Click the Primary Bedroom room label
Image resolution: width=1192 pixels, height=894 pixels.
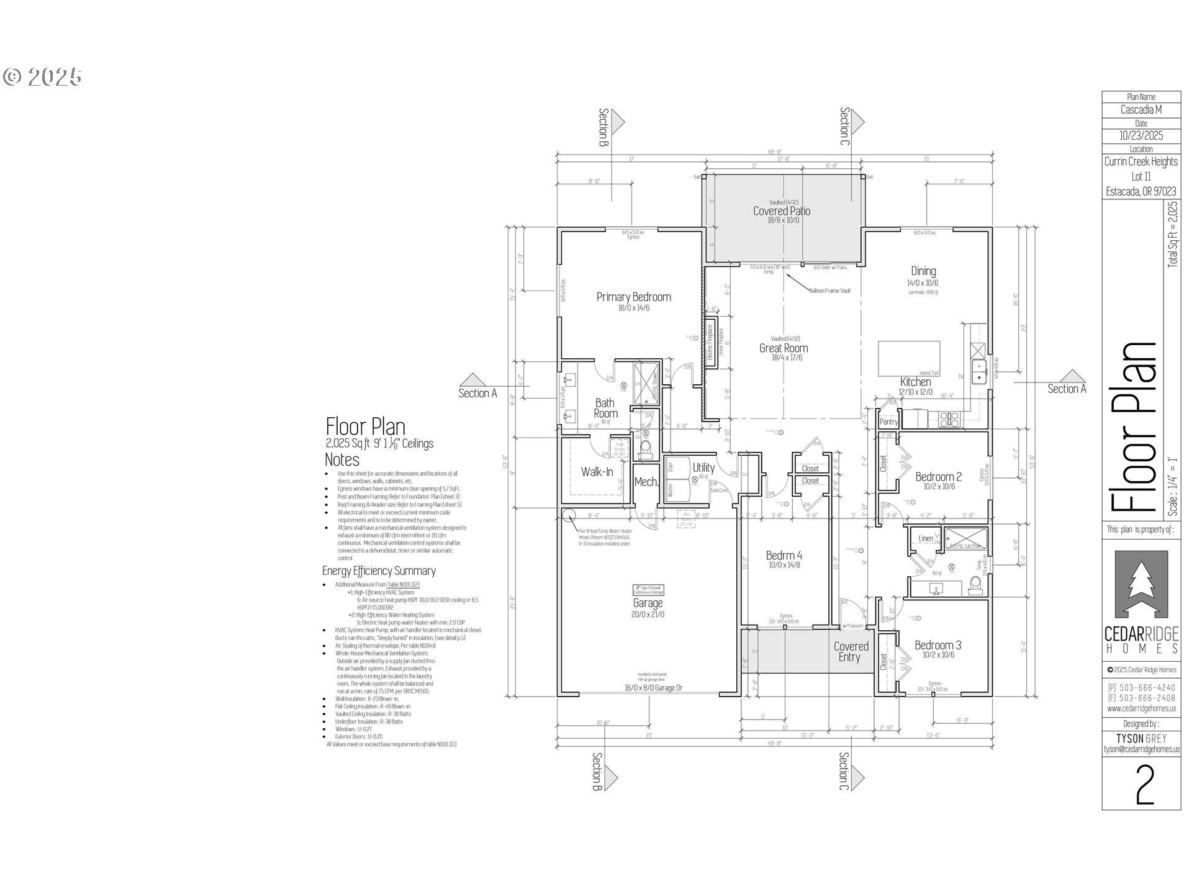tap(633, 297)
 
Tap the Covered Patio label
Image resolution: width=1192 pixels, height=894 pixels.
tap(781, 211)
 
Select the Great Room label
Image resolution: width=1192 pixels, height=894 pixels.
tap(783, 348)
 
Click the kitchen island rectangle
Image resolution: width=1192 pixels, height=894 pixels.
tap(908, 358)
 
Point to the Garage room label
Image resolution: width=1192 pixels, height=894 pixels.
tap(648, 603)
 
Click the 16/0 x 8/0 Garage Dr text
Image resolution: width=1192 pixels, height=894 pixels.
tap(653, 688)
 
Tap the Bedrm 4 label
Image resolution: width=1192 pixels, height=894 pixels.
tap(783, 556)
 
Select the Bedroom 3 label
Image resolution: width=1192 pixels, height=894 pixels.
tap(937, 645)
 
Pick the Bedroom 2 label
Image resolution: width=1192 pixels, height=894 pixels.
tap(938, 477)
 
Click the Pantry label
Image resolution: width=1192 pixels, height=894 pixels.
tap(888, 422)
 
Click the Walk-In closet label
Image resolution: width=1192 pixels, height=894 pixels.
tap(597, 472)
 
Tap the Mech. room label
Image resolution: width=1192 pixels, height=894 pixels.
tap(646, 482)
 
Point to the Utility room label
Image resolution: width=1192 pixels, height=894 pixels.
tap(703, 467)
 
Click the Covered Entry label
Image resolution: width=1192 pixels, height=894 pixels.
tap(851, 652)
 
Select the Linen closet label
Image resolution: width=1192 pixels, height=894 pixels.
tap(925, 538)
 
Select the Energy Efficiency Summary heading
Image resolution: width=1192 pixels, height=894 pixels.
tap(379, 571)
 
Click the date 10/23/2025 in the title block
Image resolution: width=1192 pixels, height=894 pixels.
tap(1141, 135)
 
